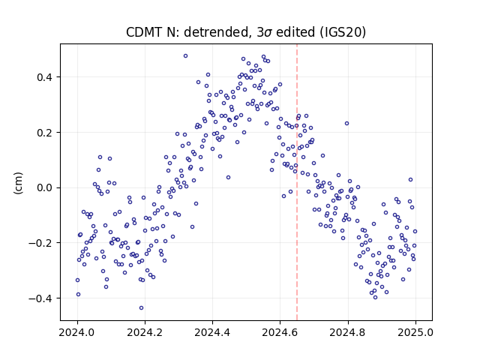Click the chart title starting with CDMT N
246,32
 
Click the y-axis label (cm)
18,183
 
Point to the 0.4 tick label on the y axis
44,77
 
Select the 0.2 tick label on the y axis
44,133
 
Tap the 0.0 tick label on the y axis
44,187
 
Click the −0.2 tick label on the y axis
40,243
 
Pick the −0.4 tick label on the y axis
40,298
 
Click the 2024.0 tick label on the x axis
77,332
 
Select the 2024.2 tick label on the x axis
145,332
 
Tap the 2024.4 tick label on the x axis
212,332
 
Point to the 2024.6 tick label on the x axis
280,332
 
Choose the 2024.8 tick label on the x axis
348,332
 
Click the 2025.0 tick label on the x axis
415,332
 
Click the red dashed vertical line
297,182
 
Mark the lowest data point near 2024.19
141,307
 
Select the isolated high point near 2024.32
185,56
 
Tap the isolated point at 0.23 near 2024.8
346,123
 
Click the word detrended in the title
215,32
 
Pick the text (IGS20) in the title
343,32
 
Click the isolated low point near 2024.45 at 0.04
228,178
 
